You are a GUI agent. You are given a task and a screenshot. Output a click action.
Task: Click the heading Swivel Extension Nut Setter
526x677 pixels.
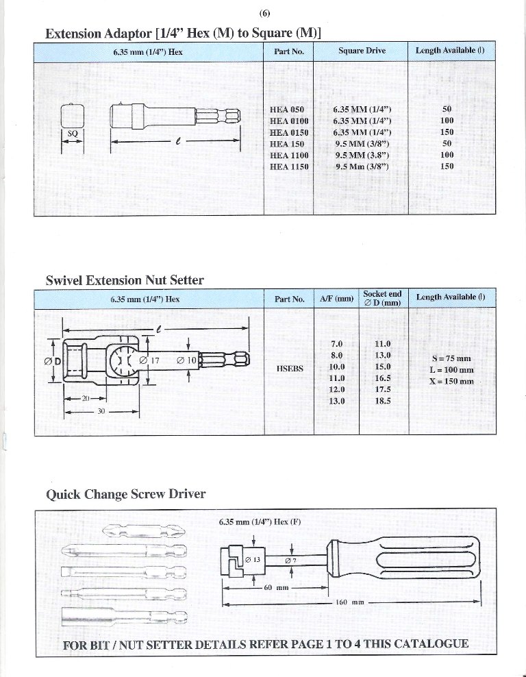pyautogui.click(x=125, y=280)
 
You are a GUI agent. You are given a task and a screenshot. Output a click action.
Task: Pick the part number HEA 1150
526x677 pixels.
pyautogui.click(x=289, y=166)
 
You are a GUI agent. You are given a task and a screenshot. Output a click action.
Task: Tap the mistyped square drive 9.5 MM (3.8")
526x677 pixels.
pyautogui.click(x=362, y=155)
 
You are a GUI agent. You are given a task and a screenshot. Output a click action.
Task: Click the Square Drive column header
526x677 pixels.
pyautogui.click(x=362, y=51)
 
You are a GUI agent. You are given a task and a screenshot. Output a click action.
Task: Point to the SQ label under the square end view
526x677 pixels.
pyautogui.click(x=73, y=132)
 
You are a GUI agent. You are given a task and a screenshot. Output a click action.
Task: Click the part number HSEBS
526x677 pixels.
pyautogui.click(x=289, y=368)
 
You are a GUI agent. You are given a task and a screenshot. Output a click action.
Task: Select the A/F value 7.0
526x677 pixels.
pyautogui.click(x=336, y=343)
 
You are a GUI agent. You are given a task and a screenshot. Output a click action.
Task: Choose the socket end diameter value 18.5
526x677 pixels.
pyautogui.click(x=383, y=401)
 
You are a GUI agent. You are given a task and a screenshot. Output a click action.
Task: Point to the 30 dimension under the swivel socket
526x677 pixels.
pyautogui.click(x=100, y=412)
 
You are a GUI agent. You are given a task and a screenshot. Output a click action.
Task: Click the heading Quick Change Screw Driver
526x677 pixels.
pyautogui.click(x=125, y=494)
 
